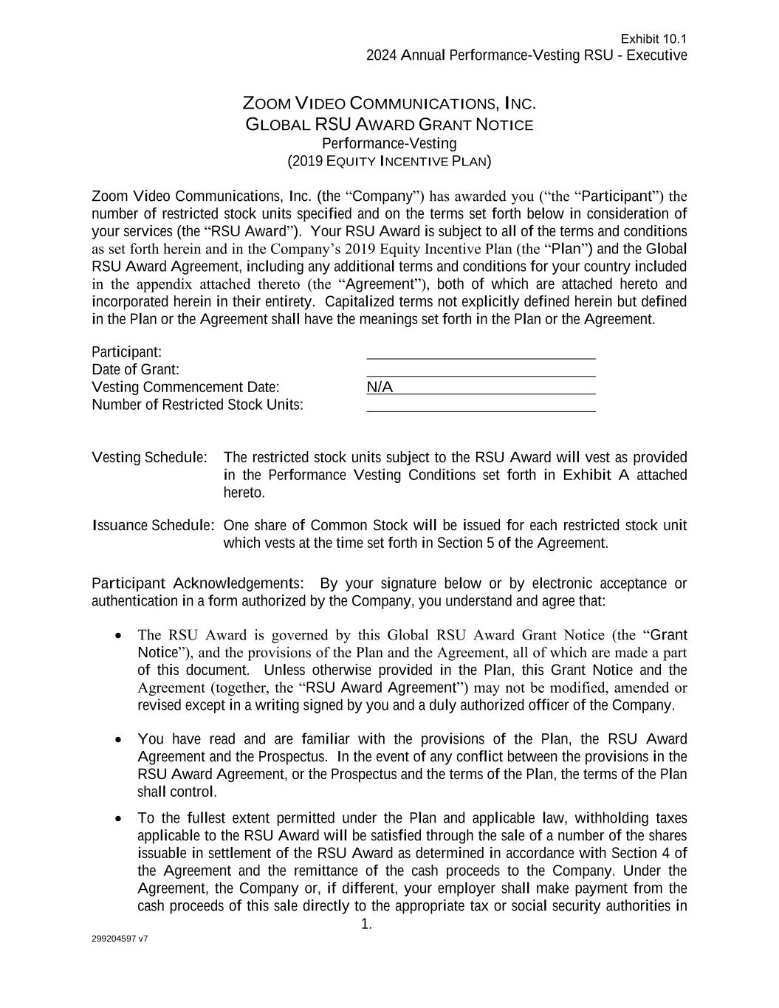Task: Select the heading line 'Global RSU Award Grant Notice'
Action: [x=389, y=125]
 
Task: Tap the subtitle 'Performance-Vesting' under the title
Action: [x=389, y=143]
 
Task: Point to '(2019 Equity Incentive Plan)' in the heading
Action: [x=389, y=161]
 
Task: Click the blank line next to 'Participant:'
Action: [x=481, y=352]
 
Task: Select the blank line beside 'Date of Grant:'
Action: [x=481, y=370]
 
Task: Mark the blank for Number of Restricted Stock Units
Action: [x=481, y=405]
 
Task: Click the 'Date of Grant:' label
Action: [x=135, y=369]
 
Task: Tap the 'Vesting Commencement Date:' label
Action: [x=185, y=387]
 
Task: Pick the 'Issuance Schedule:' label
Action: [x=153, y=526]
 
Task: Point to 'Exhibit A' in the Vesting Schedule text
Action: [x=596, y=475]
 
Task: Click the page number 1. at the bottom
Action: [x=366, y=925]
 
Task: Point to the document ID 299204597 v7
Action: [x=120, y=939]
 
